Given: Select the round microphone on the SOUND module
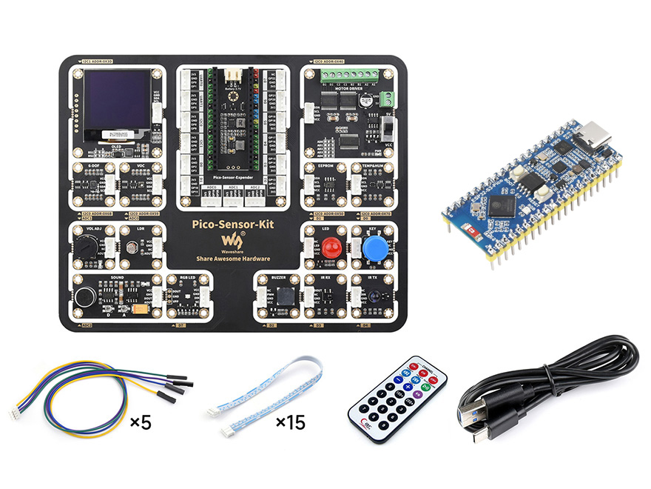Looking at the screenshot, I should (84, 298).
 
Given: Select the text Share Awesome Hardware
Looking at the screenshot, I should (233, 259).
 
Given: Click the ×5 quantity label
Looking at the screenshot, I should (141, 423).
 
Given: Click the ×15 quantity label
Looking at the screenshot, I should (290, 423).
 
